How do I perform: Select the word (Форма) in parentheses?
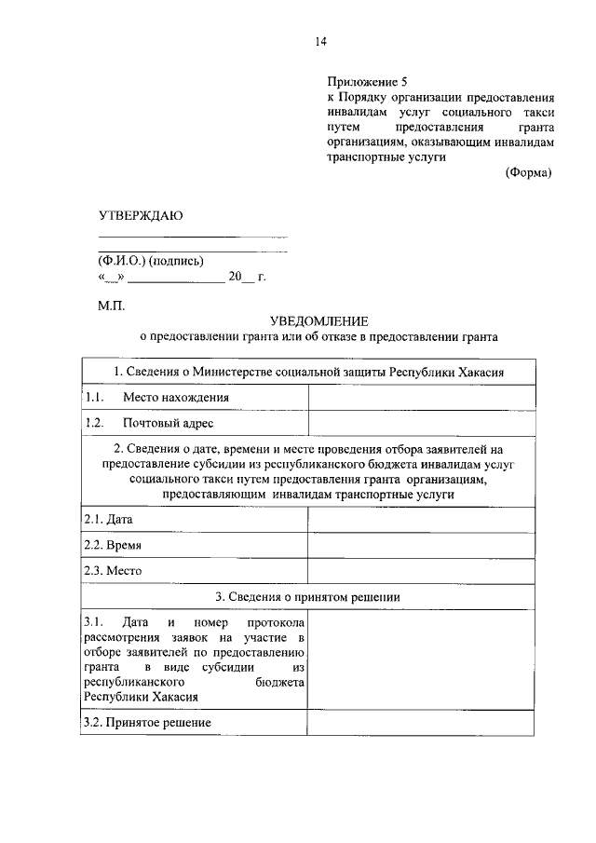pos(529,173)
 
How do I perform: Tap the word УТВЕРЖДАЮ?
pos(141,216)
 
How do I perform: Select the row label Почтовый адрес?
pos(168,423)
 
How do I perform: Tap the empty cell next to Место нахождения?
pos(422,398)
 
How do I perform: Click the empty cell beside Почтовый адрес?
pos(422,423)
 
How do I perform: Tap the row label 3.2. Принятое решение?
pos(147,722)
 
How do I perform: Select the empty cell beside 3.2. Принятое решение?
pos(422,722)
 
